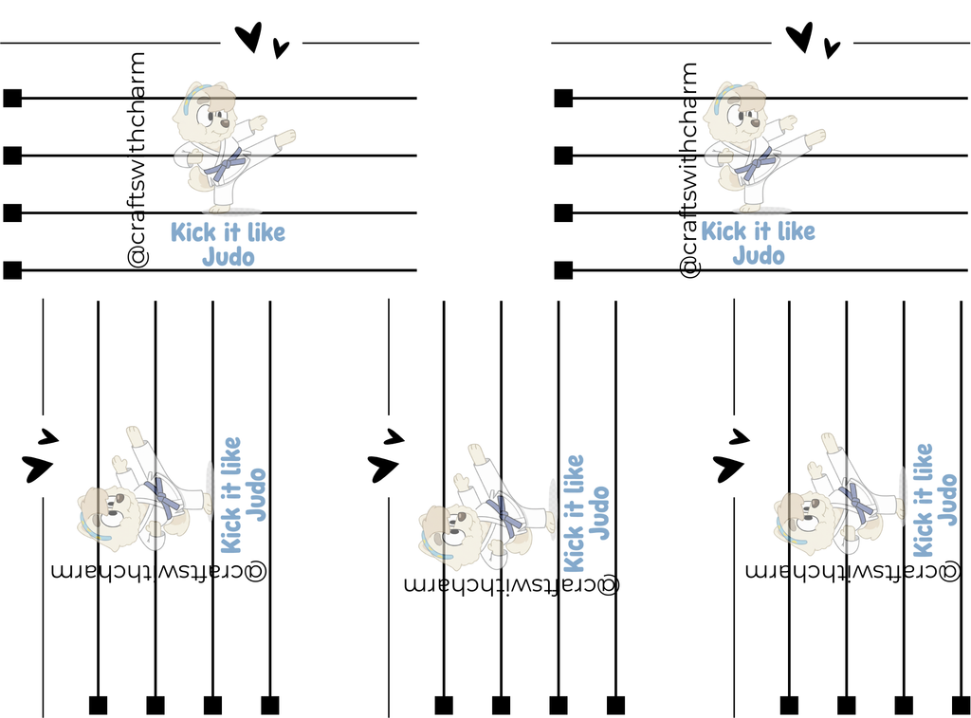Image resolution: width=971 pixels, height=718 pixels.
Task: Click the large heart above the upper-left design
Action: click(x=249, y=37)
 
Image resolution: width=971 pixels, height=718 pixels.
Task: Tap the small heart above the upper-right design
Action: click(x=832, y=47)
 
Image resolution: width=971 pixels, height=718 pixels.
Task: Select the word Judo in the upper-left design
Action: click(x=229, y=256)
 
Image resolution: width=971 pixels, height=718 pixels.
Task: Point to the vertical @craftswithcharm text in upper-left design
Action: click(x=137, y=160)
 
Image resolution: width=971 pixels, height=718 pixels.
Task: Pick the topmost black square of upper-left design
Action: click(x=12, y=98)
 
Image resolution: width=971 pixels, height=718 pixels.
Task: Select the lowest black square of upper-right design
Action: click(x=563, y=270)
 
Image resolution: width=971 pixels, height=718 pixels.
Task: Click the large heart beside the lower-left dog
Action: click(x=37, y=468)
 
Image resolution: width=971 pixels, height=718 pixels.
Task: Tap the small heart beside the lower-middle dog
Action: click(x=394, y=437)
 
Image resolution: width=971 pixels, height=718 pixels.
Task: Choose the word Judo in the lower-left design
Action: click(x=256, y=494)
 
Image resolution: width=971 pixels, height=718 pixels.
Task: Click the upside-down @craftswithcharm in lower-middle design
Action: click(x=511, y=583)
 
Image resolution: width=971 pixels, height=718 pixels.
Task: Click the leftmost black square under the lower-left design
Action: click(x=98, y=705)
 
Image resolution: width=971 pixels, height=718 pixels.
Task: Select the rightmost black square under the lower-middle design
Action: click(x=615, y=705)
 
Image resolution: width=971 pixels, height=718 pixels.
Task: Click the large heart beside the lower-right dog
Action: click(x=728, y=468)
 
